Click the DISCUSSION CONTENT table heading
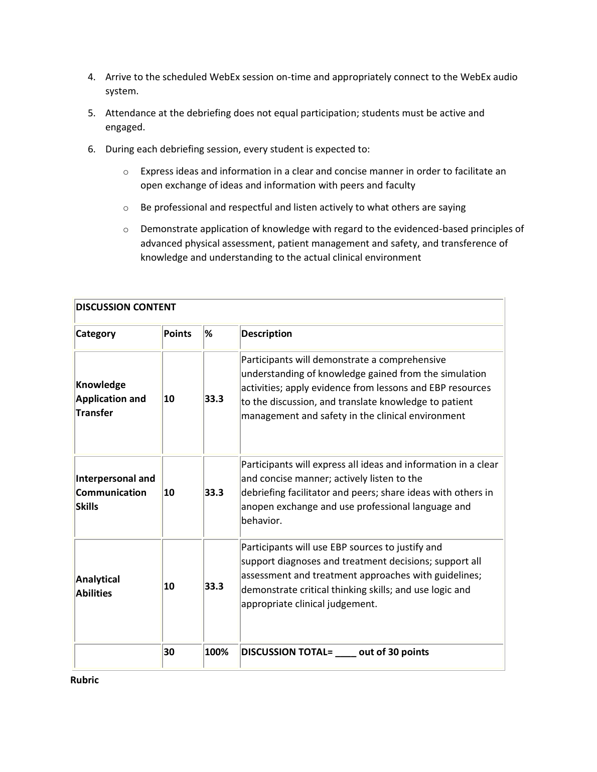coord(125,307)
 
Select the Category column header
coord(95,333)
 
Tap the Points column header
coord(178,333)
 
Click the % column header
coord(208,333)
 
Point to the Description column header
coord(266,333)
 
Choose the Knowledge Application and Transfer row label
coord(110,399)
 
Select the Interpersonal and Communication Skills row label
coord(115,492)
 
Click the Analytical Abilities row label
coord(97,586)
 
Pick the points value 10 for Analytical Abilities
coord(169,586)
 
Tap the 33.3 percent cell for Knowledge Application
coord(214,399)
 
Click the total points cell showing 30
coord(169,652)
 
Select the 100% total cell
coord(216,652)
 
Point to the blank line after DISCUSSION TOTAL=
coord(346,654)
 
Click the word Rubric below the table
coord(84,680)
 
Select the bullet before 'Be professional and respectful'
coord(125,208)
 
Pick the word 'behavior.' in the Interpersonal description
coord(261,520)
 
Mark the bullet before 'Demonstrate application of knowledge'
coord(125,230)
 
